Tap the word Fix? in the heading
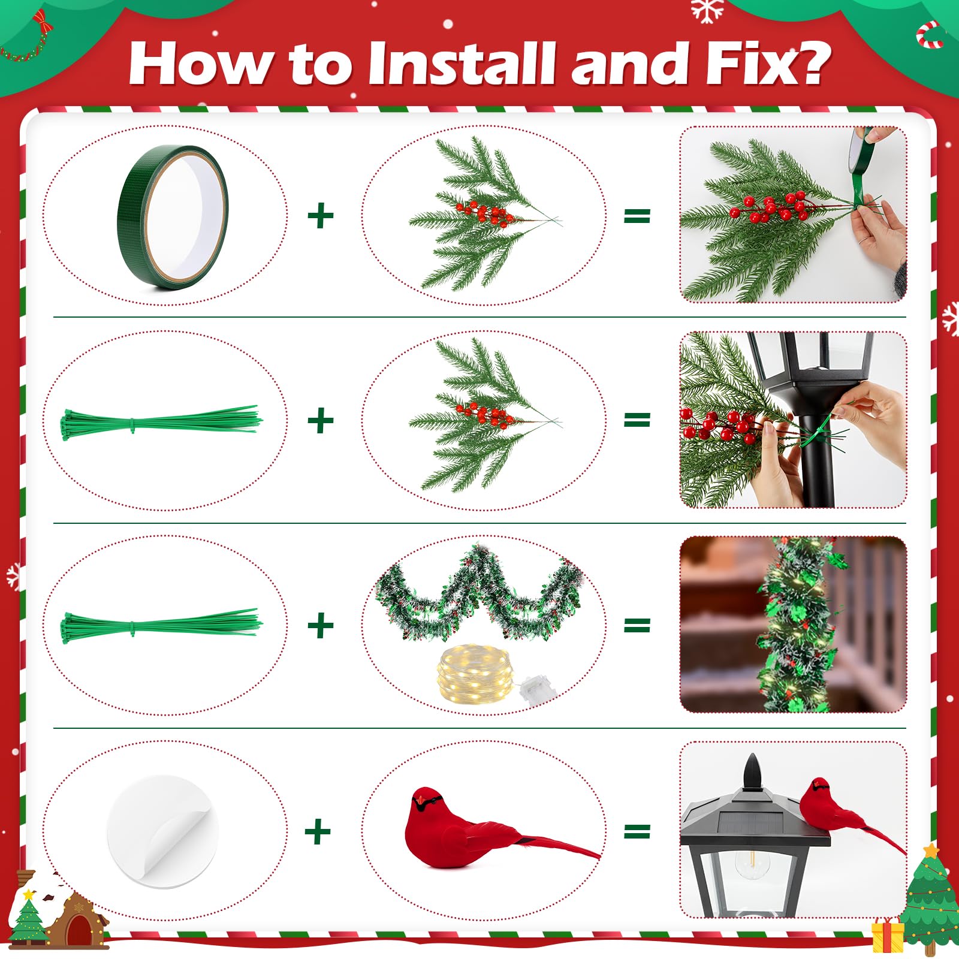[768, 64]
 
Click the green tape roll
[173, 217]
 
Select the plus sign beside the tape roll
[320, 216]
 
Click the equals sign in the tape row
[637, 216]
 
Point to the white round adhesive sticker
[162, 831]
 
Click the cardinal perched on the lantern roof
[851, 809]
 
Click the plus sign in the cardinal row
[318, 831]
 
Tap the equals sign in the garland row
[637, 626]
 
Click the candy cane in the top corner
[930, 34]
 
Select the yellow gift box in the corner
[888, 934]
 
